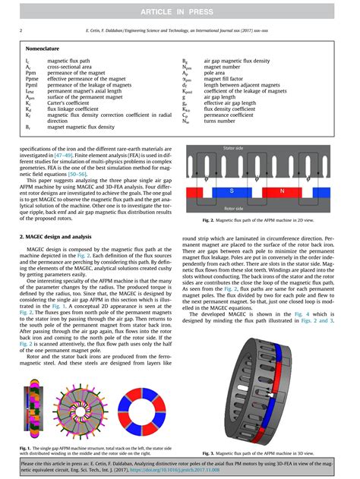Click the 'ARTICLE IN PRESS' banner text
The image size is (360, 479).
click(x=180, y=8)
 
